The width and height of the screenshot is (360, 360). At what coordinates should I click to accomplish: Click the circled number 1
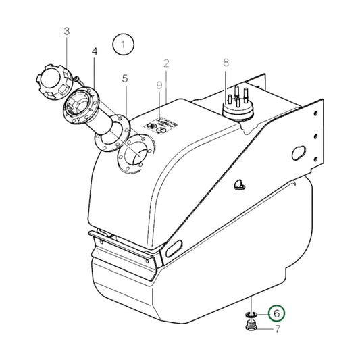click(x=124, y=45)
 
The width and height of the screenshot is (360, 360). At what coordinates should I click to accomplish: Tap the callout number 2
click(x=165, y=64)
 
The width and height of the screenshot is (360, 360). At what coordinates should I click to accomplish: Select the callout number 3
click(x=67, y=31)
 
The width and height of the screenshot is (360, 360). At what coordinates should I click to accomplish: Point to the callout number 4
click(x=95, y=51)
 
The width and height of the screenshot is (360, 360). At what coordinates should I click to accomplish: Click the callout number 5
click(x=125, y=79)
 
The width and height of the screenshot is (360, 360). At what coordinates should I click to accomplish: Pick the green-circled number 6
click(x=276, y=314)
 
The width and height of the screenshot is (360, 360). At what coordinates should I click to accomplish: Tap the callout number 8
click(x=227, y=63)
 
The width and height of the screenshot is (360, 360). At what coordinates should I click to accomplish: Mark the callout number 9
click(x=159, y=85)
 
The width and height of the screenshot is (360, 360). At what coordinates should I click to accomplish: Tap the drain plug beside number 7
click(x=249, y=329)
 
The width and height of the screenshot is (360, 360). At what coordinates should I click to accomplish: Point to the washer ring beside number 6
click(x=249, y=315)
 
